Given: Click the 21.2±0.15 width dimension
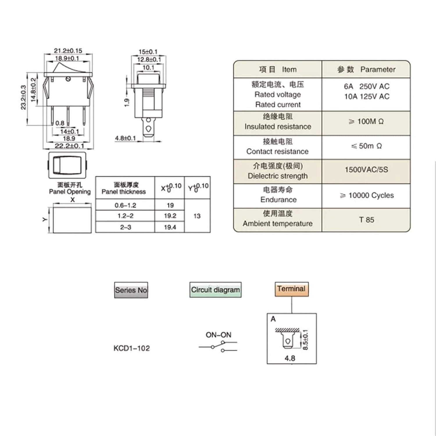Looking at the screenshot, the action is pos(68,51).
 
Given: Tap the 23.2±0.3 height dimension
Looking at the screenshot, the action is pos(23,98).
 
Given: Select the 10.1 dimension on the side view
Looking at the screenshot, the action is pos(148,68).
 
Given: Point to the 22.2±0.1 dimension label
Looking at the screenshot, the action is pos(69,146).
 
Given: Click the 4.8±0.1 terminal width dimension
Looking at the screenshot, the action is pos(125,138).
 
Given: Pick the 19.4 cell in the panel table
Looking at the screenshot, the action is pos(170,227).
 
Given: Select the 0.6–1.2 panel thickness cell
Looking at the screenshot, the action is pos(125,205).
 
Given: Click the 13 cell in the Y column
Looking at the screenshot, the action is pos(197,216).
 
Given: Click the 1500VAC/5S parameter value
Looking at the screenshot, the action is pos(366,170).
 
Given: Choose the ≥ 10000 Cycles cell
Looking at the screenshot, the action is pos(367,195).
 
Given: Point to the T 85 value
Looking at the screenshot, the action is pos(366,220).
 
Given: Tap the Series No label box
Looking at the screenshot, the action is pos(131,290).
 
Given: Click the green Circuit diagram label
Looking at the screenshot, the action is pos(215,290).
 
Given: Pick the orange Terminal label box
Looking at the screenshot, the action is pos(291,289).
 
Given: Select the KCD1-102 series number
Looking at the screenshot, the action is pos(132,348).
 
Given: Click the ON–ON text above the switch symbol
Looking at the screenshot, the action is pos(218,335).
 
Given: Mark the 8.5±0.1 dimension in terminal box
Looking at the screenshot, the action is pos(305,340).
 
